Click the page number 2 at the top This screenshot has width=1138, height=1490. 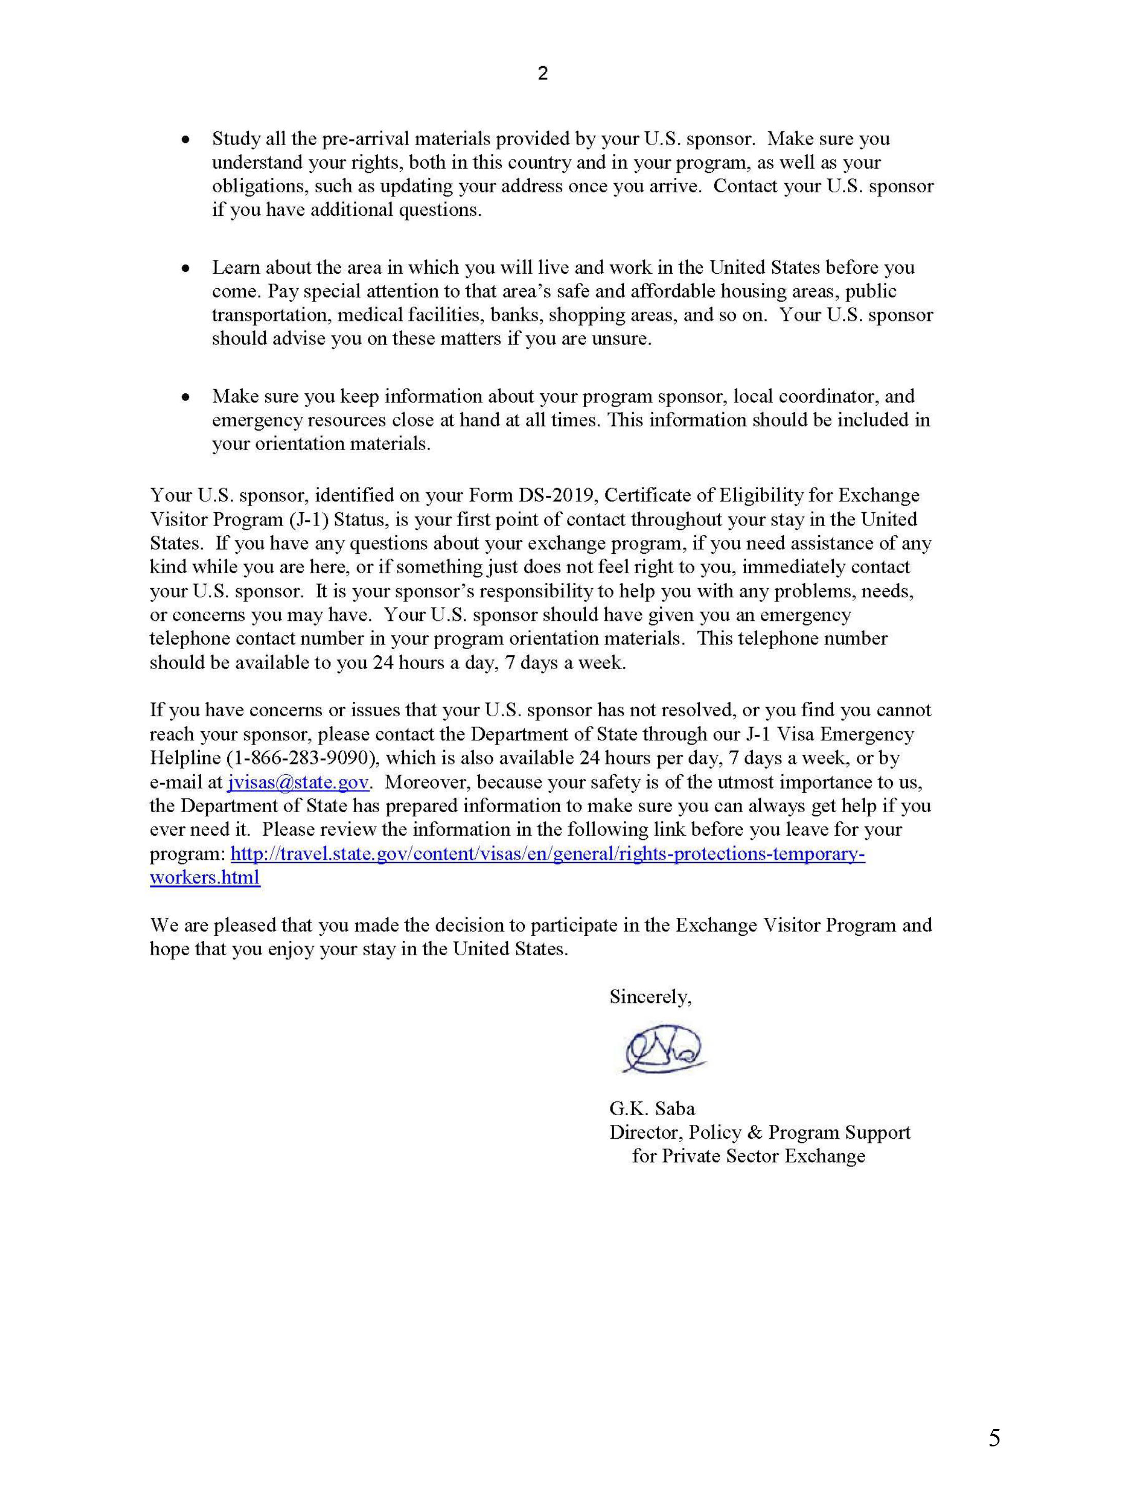[x=543, y=74]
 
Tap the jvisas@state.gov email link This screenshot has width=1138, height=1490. [x=298, y=782]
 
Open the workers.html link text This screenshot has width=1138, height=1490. [x=205, y=877]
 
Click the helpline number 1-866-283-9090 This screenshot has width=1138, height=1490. [x=304, y=758]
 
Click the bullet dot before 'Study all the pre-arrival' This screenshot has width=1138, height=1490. [x=185, y=139]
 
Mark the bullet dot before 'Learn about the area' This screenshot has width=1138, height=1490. [x=185, y=268]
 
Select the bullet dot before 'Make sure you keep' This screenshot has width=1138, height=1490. [x=185, y=397]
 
